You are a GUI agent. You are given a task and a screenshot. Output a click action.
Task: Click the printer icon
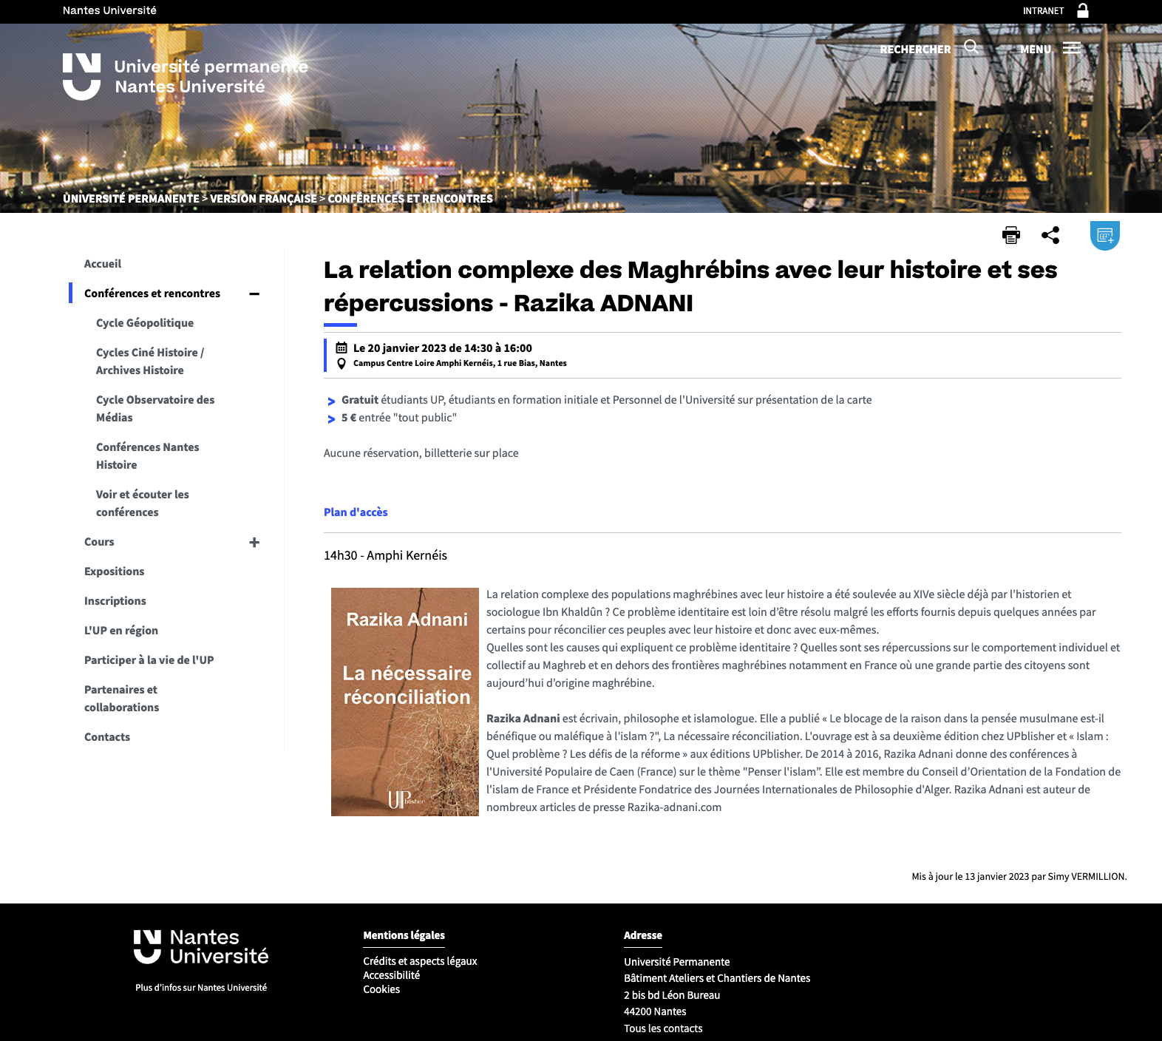(x=1010, y=235)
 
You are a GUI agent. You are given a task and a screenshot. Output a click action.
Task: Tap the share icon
(x=1050, y=235)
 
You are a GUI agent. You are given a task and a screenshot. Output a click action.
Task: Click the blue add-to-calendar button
(x=1105, y=235)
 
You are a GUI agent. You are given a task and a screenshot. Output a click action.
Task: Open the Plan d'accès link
(x=356, y=512)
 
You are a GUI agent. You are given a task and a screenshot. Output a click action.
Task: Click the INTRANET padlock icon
(x=1083, y=10)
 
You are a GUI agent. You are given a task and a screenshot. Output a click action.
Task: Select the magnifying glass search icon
(x=971, y=47)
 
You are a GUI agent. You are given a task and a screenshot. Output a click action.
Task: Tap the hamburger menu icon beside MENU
(x=1072, y=48)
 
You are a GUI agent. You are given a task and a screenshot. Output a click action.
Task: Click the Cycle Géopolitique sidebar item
(x=145, y=322)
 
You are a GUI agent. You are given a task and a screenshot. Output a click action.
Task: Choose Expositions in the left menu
(x=115, y=571)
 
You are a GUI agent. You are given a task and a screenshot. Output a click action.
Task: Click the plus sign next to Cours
(x=254, y=542)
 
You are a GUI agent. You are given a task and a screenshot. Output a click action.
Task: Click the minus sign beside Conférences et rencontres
(x=254, y=294)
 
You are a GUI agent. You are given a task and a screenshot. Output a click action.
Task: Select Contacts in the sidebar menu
(x=107, y=736)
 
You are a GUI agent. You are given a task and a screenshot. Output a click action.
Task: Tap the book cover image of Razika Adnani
(x=405, y=702)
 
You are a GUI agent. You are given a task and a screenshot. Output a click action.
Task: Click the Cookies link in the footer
(x=381, y=989)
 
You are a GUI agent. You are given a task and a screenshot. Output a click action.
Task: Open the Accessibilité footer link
(x=392, y=975)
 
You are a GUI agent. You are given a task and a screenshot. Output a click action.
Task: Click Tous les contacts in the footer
(x=663, y=1028)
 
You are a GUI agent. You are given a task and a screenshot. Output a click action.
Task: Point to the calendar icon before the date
(x=342, y=347)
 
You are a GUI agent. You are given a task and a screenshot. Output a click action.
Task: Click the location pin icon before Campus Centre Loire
(x=342, y=364)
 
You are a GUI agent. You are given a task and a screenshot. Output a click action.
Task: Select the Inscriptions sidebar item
(x=115, y=600)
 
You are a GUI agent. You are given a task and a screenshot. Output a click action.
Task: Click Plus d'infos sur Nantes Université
(x=201, y=987)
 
